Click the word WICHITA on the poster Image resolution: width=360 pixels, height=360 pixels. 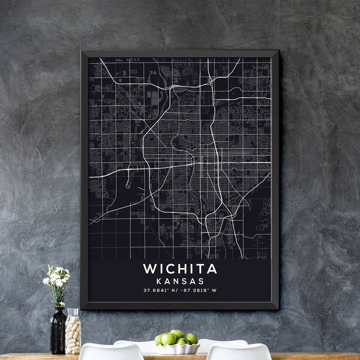(x=180, y=269)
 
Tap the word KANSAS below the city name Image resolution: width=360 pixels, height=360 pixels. (x=180, y=281)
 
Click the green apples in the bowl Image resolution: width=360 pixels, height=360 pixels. (x=176, y=338)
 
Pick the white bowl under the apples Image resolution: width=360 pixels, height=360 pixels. (x=177, y=348)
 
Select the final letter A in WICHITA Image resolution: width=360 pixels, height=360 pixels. (x=212, y=269)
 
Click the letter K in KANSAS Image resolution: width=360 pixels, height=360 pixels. (x=159, y=281)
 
